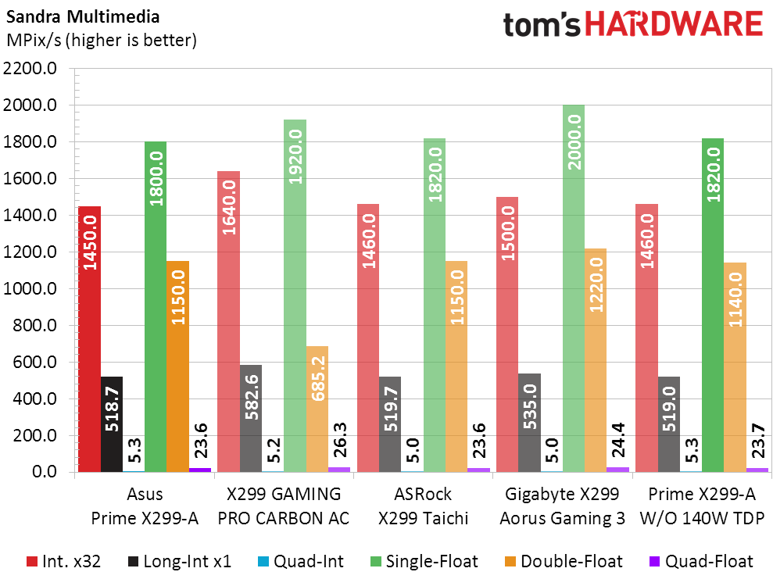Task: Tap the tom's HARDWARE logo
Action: pos(632,24)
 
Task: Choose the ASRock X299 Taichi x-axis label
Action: pos(423,506)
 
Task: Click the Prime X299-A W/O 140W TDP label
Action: pos(701,506)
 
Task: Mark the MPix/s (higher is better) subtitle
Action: pos(101,40)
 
